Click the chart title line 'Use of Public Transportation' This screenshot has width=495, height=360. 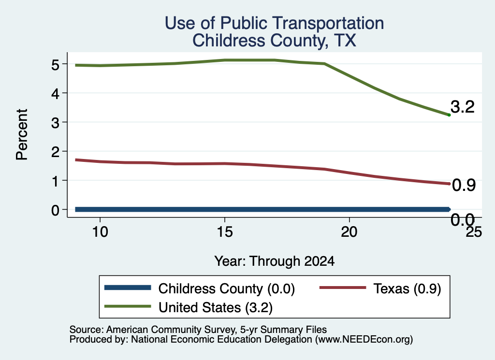[x=275, y=23]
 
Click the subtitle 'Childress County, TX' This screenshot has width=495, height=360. [x=275, y=41]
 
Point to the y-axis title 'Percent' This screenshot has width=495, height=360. [x=22, y=135]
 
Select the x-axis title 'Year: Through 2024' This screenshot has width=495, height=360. [x=275, y=261]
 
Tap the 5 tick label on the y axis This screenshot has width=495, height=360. [x=55, y=65]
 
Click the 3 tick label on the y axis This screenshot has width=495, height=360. [x=55, y=123]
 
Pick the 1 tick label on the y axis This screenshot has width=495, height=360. [x=56, y=181]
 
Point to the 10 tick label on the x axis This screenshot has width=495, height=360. [x=100, y=232]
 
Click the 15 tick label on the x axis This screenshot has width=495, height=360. [x=225, y=232]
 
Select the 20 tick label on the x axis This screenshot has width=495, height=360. [x=349, y=232]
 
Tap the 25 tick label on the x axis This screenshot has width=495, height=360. [x=474, y=232]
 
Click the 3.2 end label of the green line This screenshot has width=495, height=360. [x=463, y=107]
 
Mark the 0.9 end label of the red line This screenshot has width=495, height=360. [x=464, y=185]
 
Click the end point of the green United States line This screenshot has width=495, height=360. [x=449, y=115]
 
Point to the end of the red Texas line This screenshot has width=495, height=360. [x=449, y=184]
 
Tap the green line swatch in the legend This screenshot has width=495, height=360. [x=128, y=306]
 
